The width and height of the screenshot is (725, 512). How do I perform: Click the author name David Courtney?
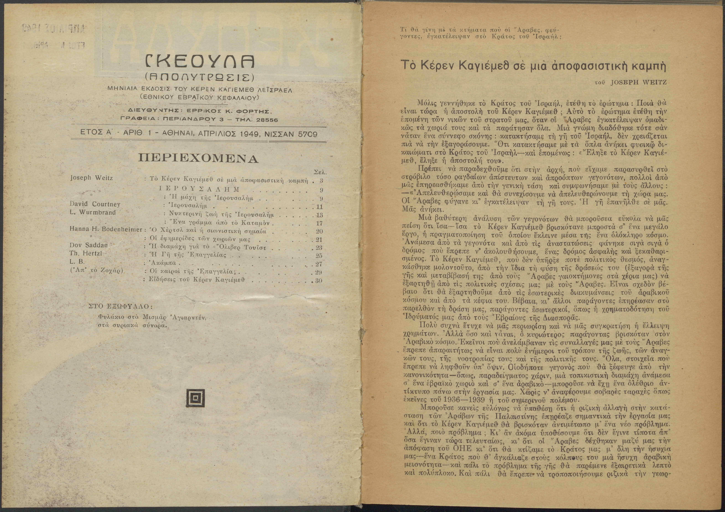click(95, 204)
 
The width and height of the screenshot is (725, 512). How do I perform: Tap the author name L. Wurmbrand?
click(93, 212)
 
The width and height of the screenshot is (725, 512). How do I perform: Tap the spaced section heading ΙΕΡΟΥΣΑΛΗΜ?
click(200, 189)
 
